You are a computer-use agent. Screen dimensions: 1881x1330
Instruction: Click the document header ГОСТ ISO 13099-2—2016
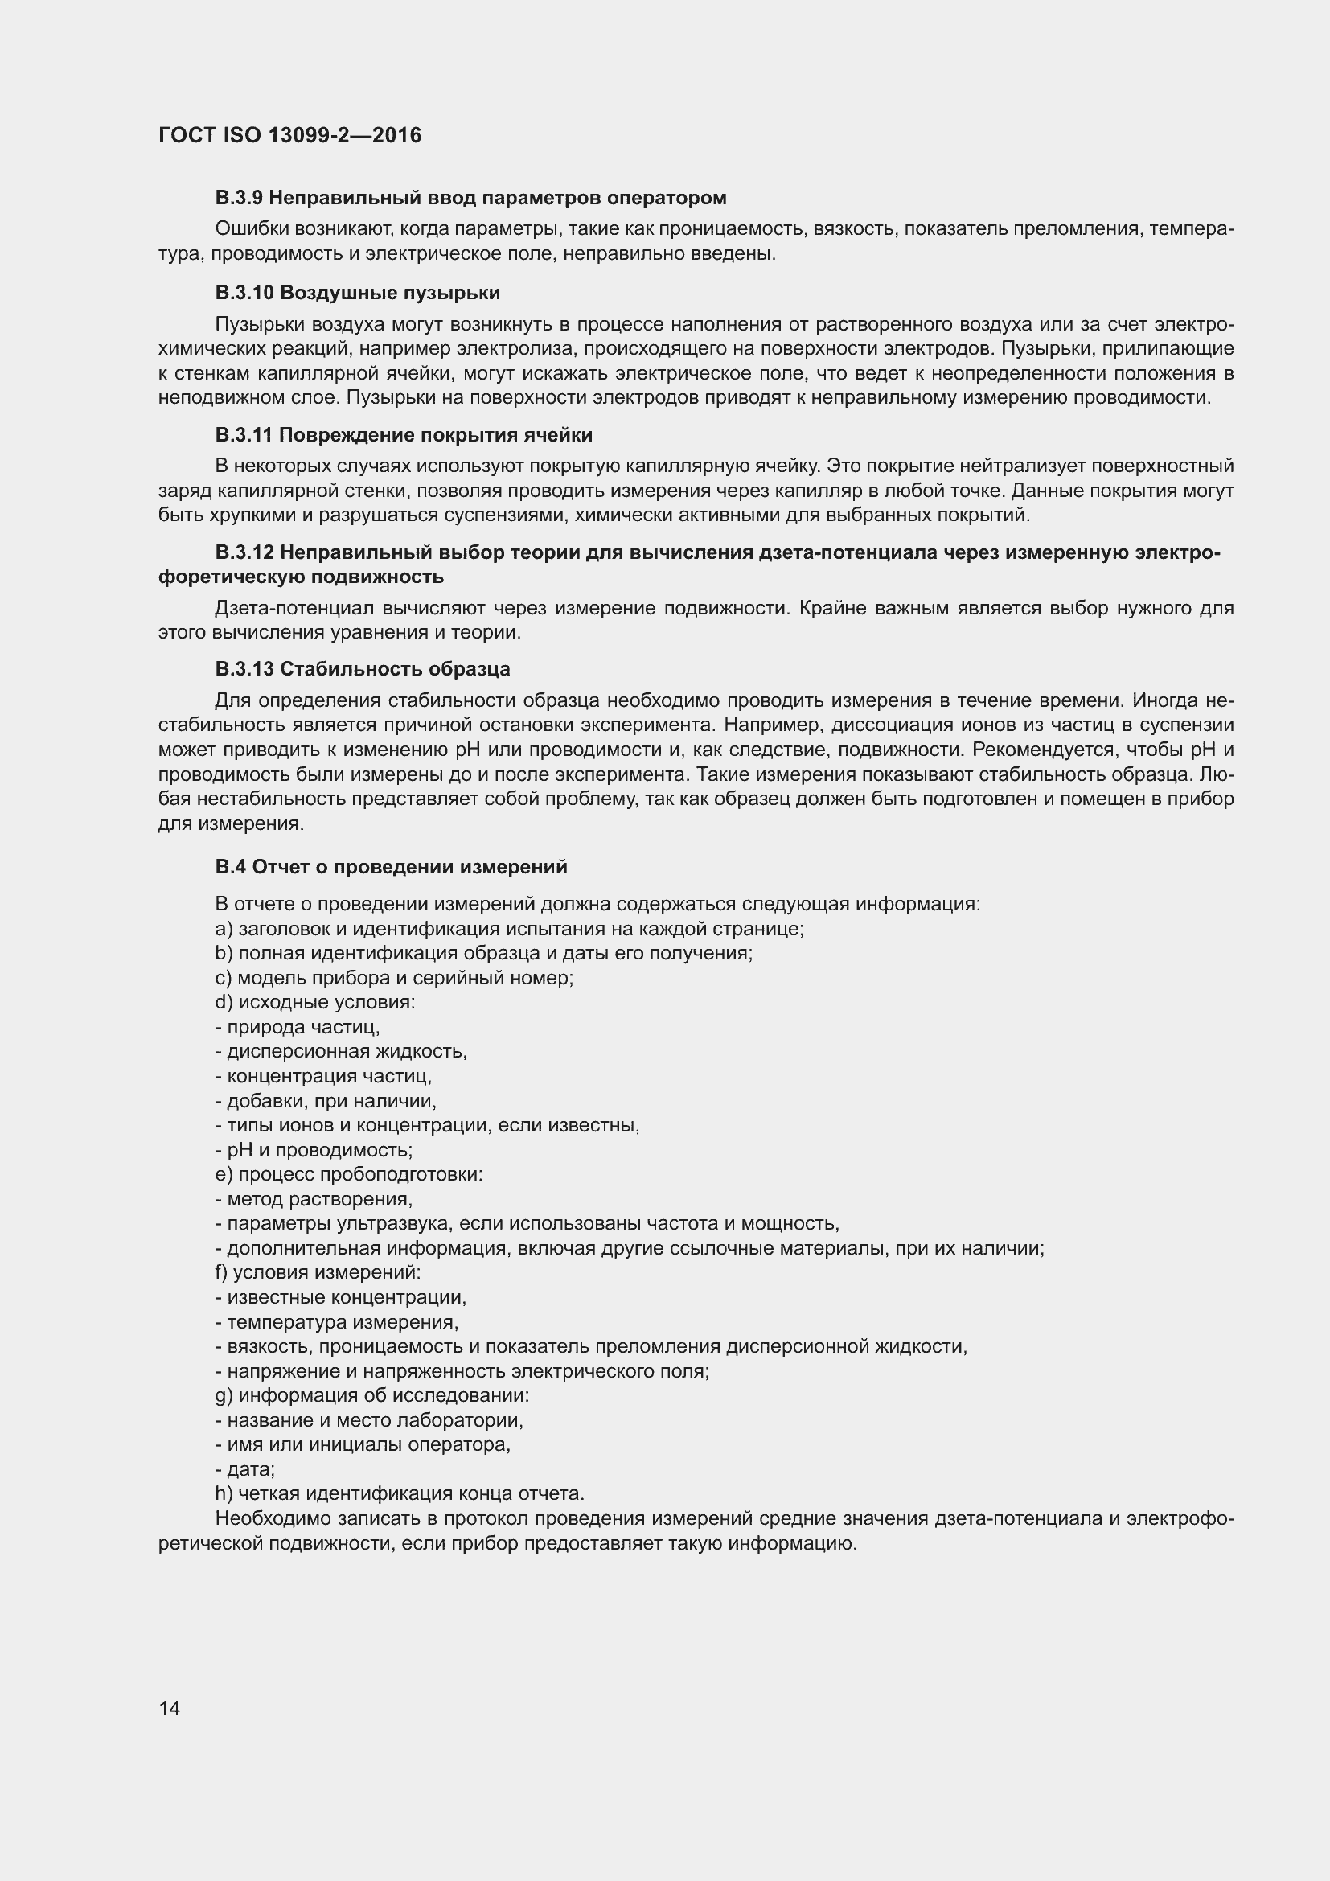coord(290,135)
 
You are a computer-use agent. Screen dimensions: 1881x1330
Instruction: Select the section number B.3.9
coord(238,198)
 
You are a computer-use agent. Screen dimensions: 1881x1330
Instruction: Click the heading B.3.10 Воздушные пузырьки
coord(358,293)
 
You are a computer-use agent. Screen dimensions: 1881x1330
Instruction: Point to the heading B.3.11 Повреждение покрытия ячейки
coord(404,434)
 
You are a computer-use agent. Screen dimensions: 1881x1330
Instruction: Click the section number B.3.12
coord(244,553)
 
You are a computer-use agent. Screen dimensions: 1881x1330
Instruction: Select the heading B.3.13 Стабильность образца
coord(362,668)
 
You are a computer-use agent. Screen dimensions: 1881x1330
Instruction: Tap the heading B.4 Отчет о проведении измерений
coord(391,866)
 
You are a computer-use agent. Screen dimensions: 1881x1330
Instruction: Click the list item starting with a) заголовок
coord(508,929)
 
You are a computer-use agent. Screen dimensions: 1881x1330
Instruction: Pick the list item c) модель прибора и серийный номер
coord(394,978)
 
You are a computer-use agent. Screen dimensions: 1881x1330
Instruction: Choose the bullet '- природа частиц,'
coord(298,1026)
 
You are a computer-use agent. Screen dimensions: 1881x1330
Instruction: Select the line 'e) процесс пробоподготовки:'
coord(349,1174)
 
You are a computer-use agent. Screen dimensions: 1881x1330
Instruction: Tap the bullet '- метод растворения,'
coord(314,1199)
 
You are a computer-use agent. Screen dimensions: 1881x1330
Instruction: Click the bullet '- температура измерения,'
coord(337,1322)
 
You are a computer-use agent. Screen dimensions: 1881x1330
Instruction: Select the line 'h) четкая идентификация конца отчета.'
coord(400,1493)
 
